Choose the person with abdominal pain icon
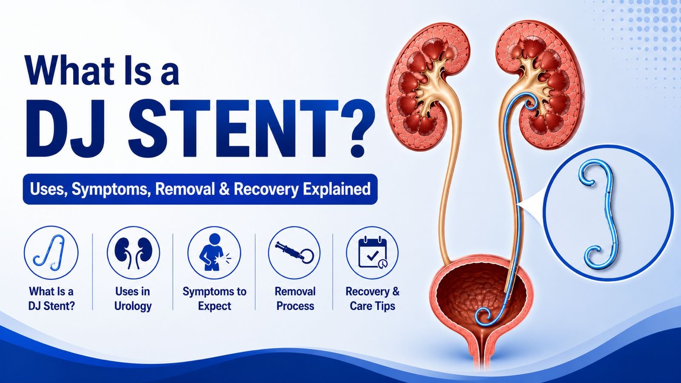[214, 252]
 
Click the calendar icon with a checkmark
[373, 253]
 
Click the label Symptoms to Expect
[215, 298]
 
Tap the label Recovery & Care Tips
[372, 298]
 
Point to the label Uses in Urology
[133, 298]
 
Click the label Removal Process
[295, 298]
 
